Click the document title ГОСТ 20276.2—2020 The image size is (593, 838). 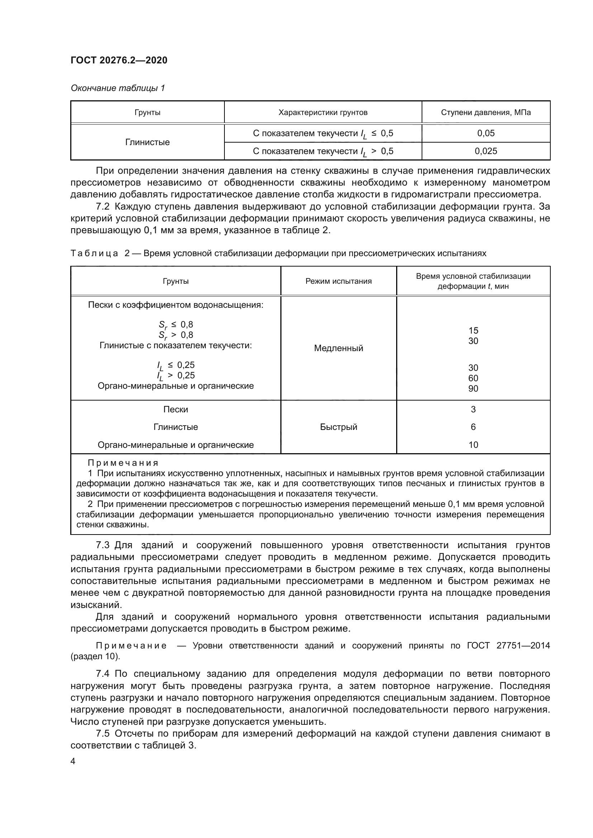pos(119,60)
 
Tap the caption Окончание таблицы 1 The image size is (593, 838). pos(118,88)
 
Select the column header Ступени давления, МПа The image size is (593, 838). pos(486,112)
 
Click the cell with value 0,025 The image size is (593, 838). pos(486,151)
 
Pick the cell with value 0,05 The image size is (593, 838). pos(486,133)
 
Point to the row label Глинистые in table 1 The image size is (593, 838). pos(147,142)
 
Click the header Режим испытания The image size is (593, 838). pos(338,281)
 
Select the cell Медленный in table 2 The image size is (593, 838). pos(338,348)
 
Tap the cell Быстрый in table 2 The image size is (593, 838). pos(338,427)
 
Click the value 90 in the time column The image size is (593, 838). pos(473,389)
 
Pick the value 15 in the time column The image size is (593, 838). pos(473,331)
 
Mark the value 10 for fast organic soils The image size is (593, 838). pos(473,445)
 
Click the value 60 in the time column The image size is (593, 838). pos(473,378)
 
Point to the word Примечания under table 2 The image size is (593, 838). pos(123,463)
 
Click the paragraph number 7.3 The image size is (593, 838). pos(103,545)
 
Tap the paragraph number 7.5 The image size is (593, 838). pos(103,734)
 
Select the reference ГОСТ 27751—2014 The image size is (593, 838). pos(508,646)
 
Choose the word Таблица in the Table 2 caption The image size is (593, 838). pos(94,253)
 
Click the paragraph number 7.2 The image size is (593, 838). pos(103,207)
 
